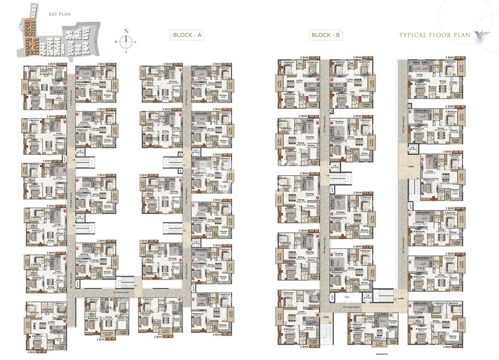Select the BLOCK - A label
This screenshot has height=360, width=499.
coord(184,35)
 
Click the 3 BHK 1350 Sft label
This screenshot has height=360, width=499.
coord(365,59)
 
